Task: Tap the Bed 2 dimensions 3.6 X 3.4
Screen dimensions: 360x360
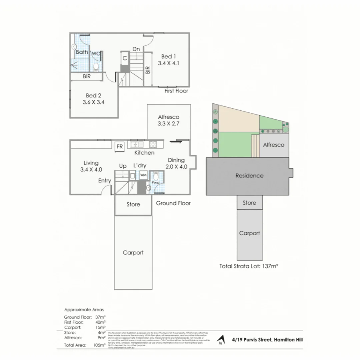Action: click(x=94, y=102)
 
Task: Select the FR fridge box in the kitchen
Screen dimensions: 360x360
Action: click(x=119, y=146)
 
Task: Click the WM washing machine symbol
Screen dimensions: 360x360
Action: click(x=143, y=175)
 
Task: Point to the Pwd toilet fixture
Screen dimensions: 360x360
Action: click(x=156, y=177)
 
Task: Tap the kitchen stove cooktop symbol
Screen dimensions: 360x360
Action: click(x=153, y=145)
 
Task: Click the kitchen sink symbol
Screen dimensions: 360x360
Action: click(x=137, y=145)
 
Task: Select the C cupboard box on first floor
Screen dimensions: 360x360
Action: click(x=124, y=58)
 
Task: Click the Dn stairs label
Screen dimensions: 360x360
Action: click(x=136, y=49)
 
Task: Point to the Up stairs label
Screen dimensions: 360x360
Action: click(x=123, y=166)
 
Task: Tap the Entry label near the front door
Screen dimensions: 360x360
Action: click(x=104, y=180)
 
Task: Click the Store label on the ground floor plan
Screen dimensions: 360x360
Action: click(x=133, y=204)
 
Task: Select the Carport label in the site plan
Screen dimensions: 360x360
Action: click(x=249, y=233)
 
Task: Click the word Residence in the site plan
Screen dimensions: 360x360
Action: click(x=249, y=176)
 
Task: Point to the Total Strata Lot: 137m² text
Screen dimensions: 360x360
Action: click(x=249, y=266)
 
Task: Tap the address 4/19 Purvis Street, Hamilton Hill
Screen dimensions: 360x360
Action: click(x=267, y=340)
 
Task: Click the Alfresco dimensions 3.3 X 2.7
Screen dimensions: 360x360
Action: click(x=169, y=124)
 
